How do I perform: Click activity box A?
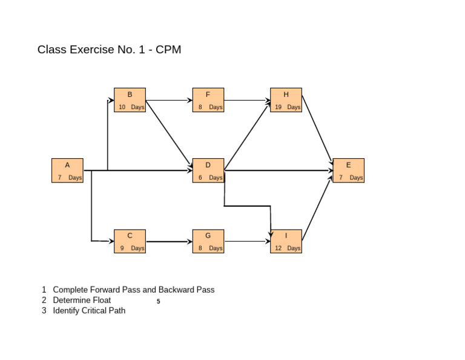(67, 170)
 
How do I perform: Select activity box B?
(130, 100)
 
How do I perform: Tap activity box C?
(130, 241)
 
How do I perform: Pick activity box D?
(208, 170)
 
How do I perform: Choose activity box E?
(348, 170)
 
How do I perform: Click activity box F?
(208, 100)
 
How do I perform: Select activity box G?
(208, 241)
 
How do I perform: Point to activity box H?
(286, 100)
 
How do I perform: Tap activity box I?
(286, 241)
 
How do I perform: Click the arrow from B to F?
(169, 100)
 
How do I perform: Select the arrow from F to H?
(247, 100)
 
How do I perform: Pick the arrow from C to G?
(169, 242)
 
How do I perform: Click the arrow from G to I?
(247, 242)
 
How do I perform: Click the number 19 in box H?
(279, 107)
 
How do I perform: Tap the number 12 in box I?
(279, 248)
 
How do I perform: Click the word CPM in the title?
(168, 50)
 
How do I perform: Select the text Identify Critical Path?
(89, 311)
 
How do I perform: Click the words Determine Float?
(82, 300)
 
